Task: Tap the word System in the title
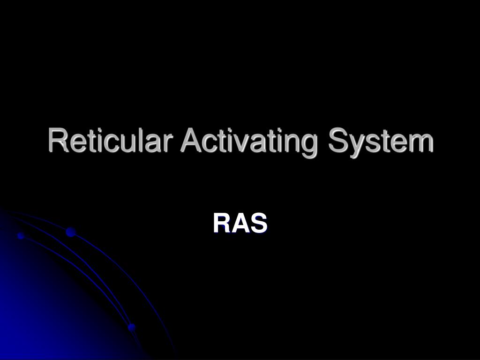[x=380, y=141]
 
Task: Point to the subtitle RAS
[x=240, y=223]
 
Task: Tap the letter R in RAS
[x=222, y=223]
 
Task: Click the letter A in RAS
[x=240, y=223]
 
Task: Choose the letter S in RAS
[x=258, y=223]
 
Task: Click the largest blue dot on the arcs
[x=71, y=232]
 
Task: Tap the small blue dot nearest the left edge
[x=21, y=235]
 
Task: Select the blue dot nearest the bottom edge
[x=132, y=327]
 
